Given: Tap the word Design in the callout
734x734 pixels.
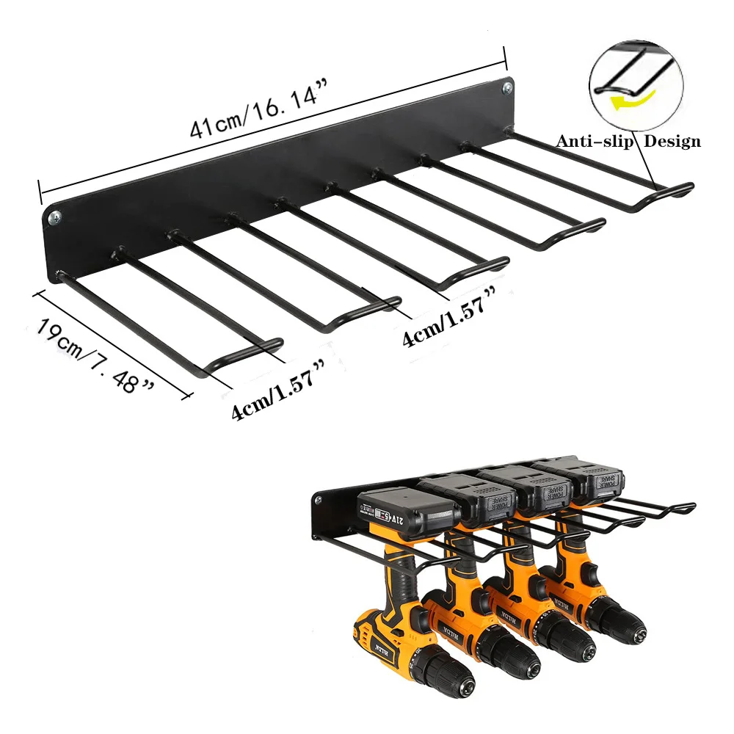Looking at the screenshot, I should tap(672, 142).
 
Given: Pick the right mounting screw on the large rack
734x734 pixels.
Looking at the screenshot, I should tap(506, 89).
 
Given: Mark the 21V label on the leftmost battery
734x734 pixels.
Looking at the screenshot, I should tap(388, 520).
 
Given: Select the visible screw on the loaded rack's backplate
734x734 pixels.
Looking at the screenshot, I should tap(318, 501).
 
